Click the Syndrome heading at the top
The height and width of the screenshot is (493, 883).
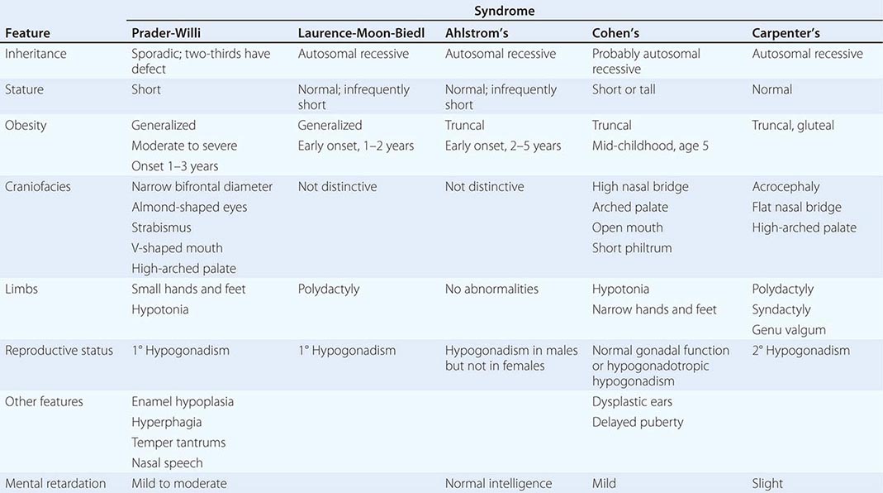[504, 11]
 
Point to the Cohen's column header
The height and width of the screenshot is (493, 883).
[616, 33]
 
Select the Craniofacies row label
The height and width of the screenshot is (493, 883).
[38, 187]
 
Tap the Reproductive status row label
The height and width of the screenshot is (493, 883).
[59, 351]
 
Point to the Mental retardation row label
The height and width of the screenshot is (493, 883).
[56, 484]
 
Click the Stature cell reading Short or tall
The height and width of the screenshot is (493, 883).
[624, 89]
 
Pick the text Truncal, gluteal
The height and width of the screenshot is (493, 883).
[793, 126]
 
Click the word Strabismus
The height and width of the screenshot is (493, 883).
[161, 227]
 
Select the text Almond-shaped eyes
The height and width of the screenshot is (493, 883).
[189, 207]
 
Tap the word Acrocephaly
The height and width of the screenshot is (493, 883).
[786, 187]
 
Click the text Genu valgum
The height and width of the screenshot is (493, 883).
[789, 330]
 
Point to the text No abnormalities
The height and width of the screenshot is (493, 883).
[491, 290]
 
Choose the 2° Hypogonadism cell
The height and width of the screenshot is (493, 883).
[800, 351]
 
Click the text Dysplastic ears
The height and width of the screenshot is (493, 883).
[632, 402]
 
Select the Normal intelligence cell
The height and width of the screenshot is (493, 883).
[498, 484]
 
